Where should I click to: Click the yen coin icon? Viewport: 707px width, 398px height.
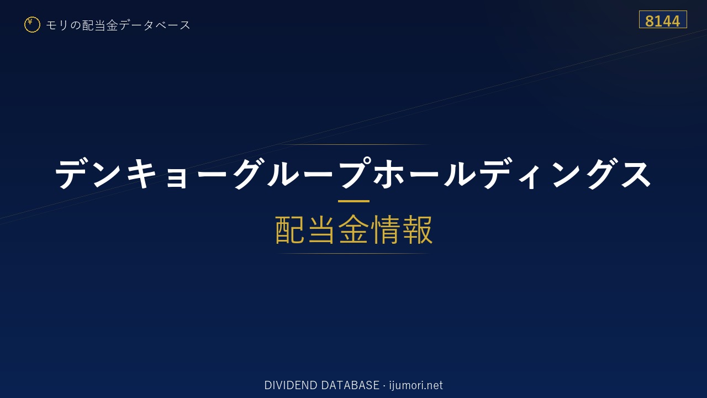coord(32,25)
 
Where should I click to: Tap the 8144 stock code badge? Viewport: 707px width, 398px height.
coord(663,19)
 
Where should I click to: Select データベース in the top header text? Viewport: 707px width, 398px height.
coord(155,25)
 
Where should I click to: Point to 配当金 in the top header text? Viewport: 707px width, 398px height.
coord(100,25)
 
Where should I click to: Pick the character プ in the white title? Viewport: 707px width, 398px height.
coord(355,173)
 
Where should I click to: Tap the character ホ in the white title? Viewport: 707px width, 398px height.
coord(388,174)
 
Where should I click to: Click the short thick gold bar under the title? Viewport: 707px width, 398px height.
coord(353,201)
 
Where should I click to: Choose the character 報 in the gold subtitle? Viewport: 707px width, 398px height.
coord(417,229)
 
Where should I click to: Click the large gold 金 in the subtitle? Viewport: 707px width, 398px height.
coord(353,229)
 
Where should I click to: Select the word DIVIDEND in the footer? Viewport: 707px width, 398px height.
coord(291,385)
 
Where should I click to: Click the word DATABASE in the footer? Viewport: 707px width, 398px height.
coord(350,385)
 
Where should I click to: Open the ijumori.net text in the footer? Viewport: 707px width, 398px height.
coord(416,385)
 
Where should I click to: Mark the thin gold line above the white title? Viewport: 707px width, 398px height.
coord(353,144)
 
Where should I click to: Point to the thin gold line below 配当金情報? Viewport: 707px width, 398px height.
coord(353,253)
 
